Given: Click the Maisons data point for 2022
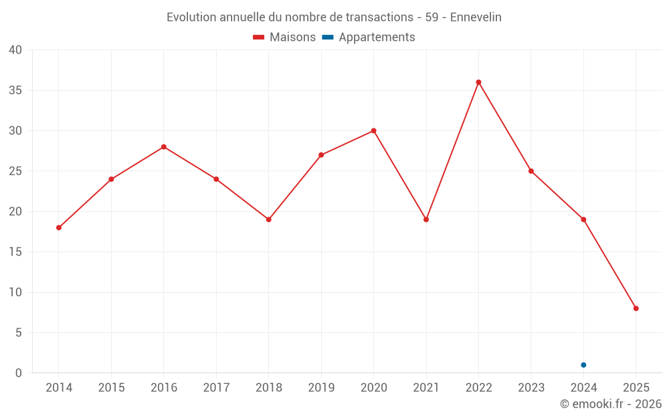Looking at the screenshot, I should click(x=478, y=82).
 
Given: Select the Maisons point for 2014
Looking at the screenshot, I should click(x=59, y=227).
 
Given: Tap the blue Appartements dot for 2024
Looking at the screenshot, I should click(x=583, y=365).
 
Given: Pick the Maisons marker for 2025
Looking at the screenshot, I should click(x=636, y=308).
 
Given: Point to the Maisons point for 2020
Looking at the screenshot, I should click(x=373, y=130).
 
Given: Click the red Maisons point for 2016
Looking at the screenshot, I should click(x=164, y=146).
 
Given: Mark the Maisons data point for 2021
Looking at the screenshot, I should click(x=426, y=219).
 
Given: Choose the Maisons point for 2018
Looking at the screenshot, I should click(x=268, y=219).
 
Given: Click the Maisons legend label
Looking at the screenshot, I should click(x=292, y=37).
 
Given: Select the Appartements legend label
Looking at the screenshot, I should click(x=377, y=37).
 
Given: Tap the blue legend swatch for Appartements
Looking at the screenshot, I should click(x=327, y=37).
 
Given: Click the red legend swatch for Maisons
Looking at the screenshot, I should click(x=259, y=37).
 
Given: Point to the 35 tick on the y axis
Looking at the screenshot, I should click(x=15, y=90).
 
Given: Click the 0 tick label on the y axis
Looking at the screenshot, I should click(x=19, y=373).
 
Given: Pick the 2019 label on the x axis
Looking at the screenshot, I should click(x=321, y=387).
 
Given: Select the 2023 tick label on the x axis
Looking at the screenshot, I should click(x=531, y=387).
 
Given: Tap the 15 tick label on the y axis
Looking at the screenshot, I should click(x=15, y=252).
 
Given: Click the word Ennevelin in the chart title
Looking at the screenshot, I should click(x=476, y=17).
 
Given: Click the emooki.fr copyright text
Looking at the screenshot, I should click(x=611, y=404).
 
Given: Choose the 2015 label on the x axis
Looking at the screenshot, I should click(x=111, y=387).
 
